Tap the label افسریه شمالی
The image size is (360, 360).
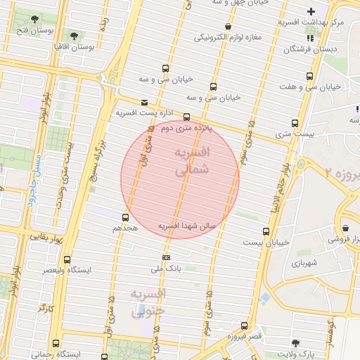190,161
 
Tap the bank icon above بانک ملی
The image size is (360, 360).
166,257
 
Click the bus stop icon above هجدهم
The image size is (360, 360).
126,217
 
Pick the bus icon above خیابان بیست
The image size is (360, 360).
265,231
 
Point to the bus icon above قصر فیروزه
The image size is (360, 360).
244,326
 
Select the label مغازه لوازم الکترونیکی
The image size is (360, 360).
225,36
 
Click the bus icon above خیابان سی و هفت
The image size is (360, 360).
309,76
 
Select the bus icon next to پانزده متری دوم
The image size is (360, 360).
186,117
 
